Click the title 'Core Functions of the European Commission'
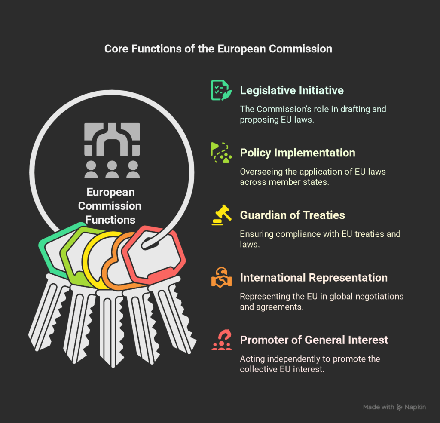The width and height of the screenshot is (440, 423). pyautogui.click(x=218, y=49)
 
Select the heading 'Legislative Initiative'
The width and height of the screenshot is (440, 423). pyautogui.click(x=292, y=90)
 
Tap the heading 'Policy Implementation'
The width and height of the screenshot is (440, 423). pyautogui.click(x=297, y=153)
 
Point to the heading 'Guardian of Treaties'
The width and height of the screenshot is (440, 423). pyautogui.click(x=292, y=215)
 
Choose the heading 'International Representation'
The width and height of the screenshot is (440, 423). pyautogui.click(x=313, y=278)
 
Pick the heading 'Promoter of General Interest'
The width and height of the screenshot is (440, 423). pyautogui.click(x=314, y=340)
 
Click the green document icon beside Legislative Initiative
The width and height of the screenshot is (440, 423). pyautogui.click(x=221, y=90)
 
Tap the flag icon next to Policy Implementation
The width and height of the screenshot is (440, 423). pyautogui.click(x=221, y=153)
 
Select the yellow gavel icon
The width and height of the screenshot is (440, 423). pyautogui.click(x=221, y=215)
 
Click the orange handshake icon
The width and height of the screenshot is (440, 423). pyautogui.click(x=221, y=277)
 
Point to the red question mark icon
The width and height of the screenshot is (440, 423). pyautogui.click(x=221, y=340)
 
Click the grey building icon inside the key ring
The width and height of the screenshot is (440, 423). pyautogui.click(x=112, y=139)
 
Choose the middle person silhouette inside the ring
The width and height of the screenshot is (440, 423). pyautogui.click(x=112, y=169)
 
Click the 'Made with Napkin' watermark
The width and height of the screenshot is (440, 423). pyautogui.click(x=394, y=407)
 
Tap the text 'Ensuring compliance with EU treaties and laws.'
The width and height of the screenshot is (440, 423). pyautogui.click(x=320, y=239)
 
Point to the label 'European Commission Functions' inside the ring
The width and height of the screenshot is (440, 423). pyautogui.click(x=110, y=206)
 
